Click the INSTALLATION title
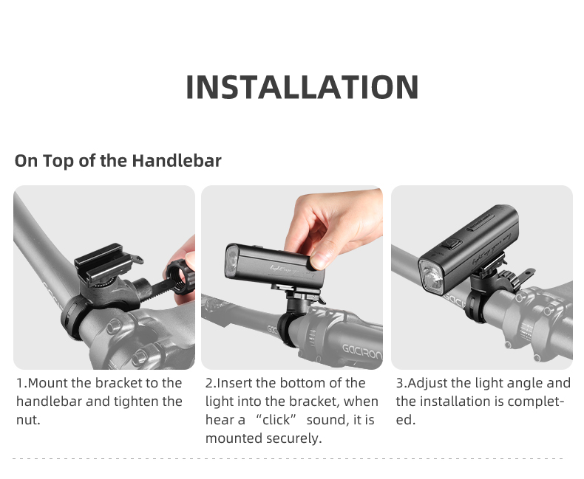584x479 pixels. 302,87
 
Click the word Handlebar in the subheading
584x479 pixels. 177,161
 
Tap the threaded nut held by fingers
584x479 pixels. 180,278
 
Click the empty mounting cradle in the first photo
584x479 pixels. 103,261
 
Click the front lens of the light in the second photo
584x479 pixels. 231,261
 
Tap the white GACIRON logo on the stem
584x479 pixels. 361,351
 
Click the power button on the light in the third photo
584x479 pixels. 452,244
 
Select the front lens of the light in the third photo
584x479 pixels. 432,276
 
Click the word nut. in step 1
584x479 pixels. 28,420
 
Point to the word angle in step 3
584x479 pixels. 529,384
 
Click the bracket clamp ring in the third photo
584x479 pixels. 473,306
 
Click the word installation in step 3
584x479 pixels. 460,402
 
